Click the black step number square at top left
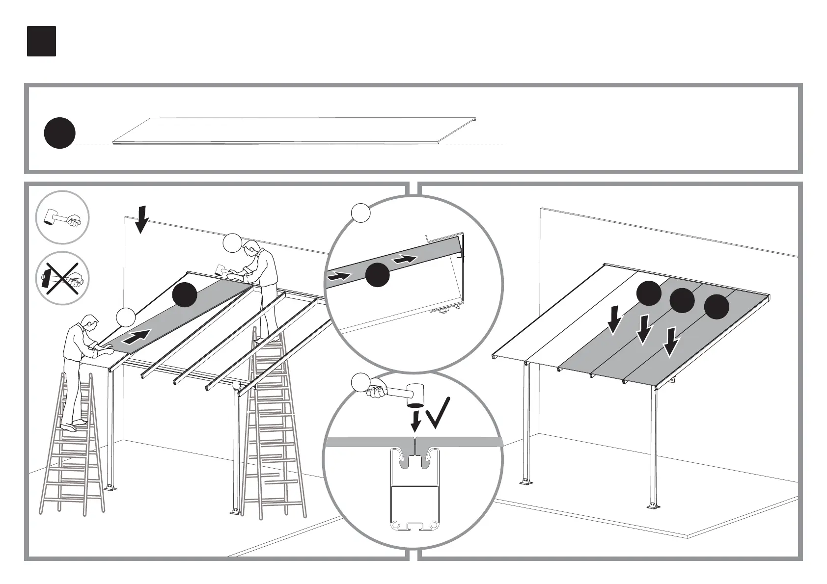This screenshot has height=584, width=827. pyautogui.click(x=41, y=41)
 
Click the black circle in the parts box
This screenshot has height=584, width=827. pyautogui.click(x=59, y=133)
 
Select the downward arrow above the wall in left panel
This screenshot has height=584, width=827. pyautogui.click(x=141, y=219)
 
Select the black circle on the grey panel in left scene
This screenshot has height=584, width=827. pyautogui.click(x=185, y=294)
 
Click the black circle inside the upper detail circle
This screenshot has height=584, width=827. pyautogui.click(x=377, y=274)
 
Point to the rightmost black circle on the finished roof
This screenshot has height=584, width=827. pyautogui.click(x=717, y=307)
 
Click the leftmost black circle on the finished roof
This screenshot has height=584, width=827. pyautogui.click(x=649, y=293)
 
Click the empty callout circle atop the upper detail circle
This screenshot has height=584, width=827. pyautogui.click(x=361, y=213)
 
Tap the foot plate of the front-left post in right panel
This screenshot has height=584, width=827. pyautogui.click(x=525, y=482)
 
